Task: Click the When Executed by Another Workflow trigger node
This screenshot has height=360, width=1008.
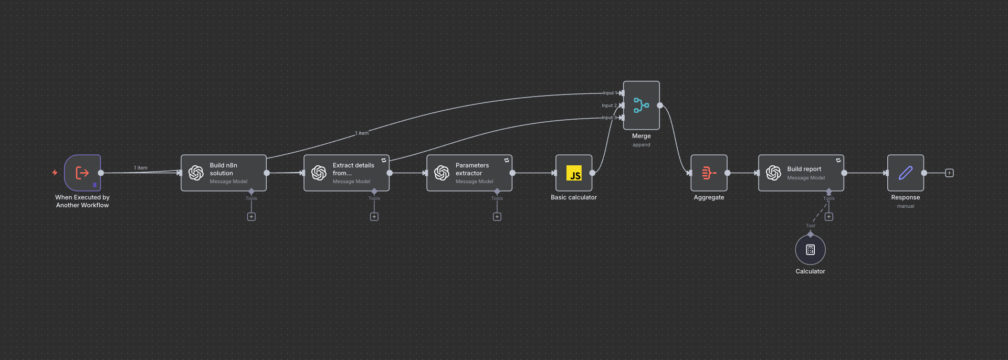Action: pyautogui.click(x=82, y=173)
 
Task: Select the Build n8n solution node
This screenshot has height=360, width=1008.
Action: pyautogui.click(x=224, y=173)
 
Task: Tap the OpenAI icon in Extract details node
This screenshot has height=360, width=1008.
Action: pyautogui.click(x=319, y=173)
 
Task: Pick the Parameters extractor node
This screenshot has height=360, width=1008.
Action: pyautogui.click(x=469, y=173)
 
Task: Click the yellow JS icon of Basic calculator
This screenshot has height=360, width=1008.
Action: pyautogui.click(x=574, y=173)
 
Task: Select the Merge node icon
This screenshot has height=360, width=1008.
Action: pyautogui.click(x=641, y=105)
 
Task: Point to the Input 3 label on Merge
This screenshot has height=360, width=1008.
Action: pyautogui.click(x=608, y=118)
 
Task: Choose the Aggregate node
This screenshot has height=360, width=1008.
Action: pyautogui.click(x=709, y=173)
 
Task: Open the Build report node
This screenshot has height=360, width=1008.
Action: pyautogui.click(x=801, y=173)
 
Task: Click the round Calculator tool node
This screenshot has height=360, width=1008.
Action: pyautogui.click(x=810, y=250)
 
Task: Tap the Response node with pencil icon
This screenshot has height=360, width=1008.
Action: pyautogui.click(x=905, y=173)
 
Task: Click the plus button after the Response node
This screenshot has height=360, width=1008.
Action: pyautogui.click(x=949, y=173)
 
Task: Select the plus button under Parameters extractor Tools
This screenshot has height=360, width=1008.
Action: pyautogui.click(x=497, y=217)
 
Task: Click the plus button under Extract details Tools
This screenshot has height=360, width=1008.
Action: pyautogui.click(x=374, y=217)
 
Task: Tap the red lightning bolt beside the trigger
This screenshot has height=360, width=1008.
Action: pyautogui.click(x=55, y=172)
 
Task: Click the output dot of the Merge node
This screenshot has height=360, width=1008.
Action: pyautogui.click(x=660, y=105)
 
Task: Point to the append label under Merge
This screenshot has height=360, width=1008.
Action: pyautogui.click(x=641, y=145)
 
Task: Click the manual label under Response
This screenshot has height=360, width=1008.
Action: pyautogui.click(x=905, y=206)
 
